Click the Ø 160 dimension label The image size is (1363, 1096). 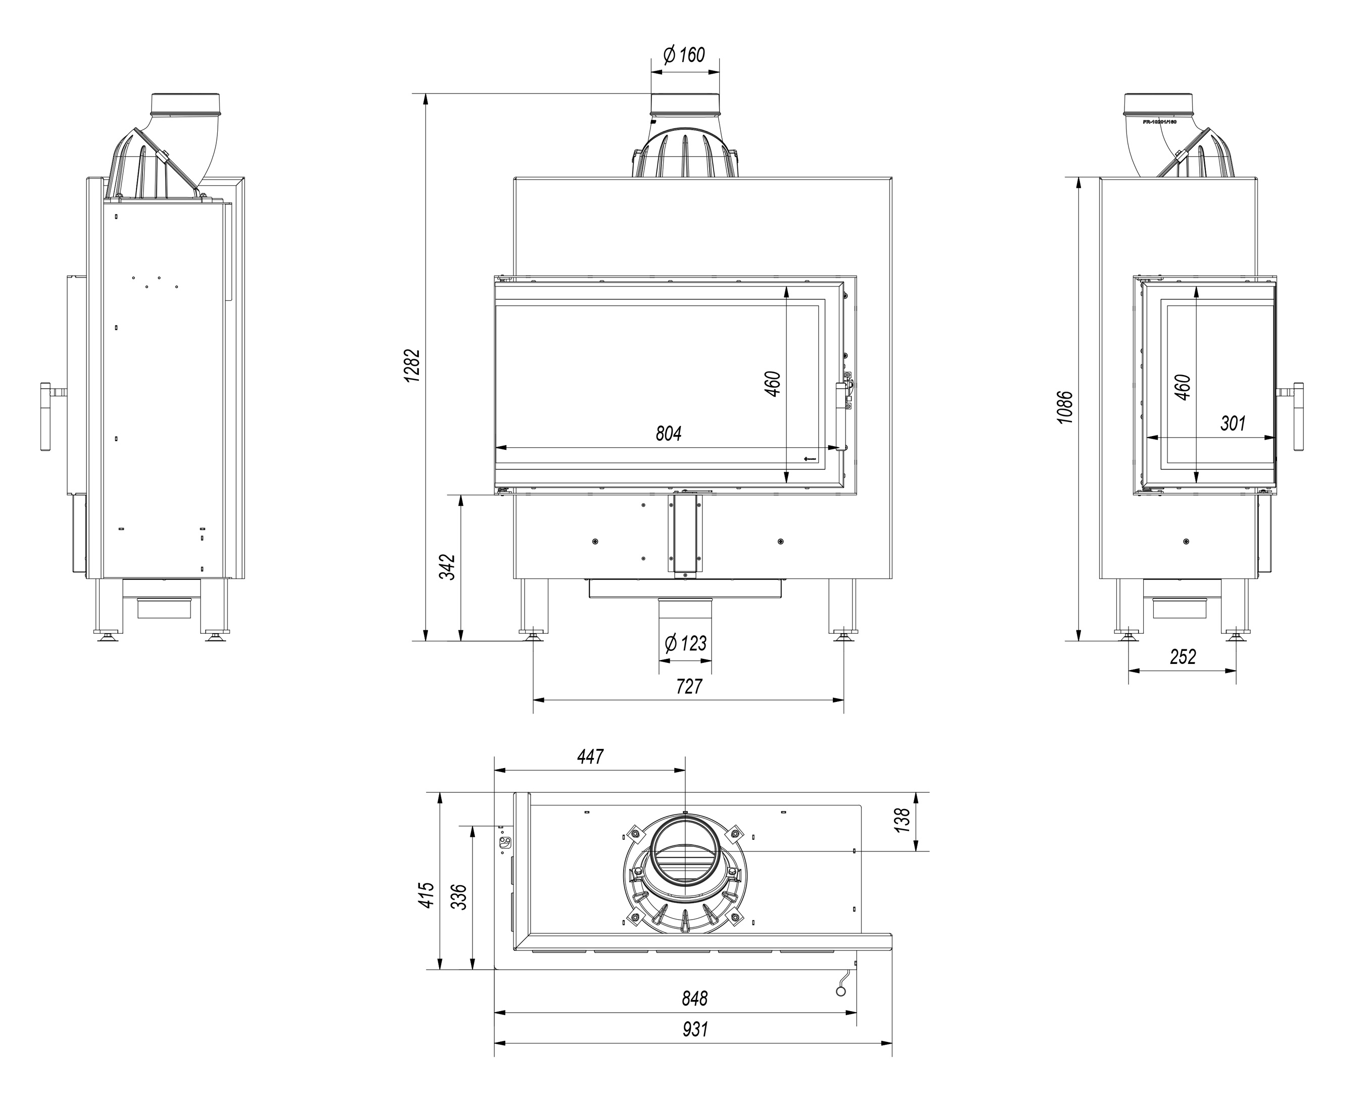pos(684,55)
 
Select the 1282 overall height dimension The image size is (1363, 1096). pos(412,365)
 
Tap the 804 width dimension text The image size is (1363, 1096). pos(668,434)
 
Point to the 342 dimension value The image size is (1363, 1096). pos(447,567)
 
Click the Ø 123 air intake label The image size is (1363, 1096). pos(685,643)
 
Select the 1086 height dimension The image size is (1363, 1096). pos(1065,407)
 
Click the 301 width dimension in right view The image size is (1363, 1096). pos(1232,423)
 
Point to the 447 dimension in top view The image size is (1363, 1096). pos(590,756)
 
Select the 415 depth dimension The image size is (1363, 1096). pos(428,895)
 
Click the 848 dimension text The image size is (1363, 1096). pos(694,998)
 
